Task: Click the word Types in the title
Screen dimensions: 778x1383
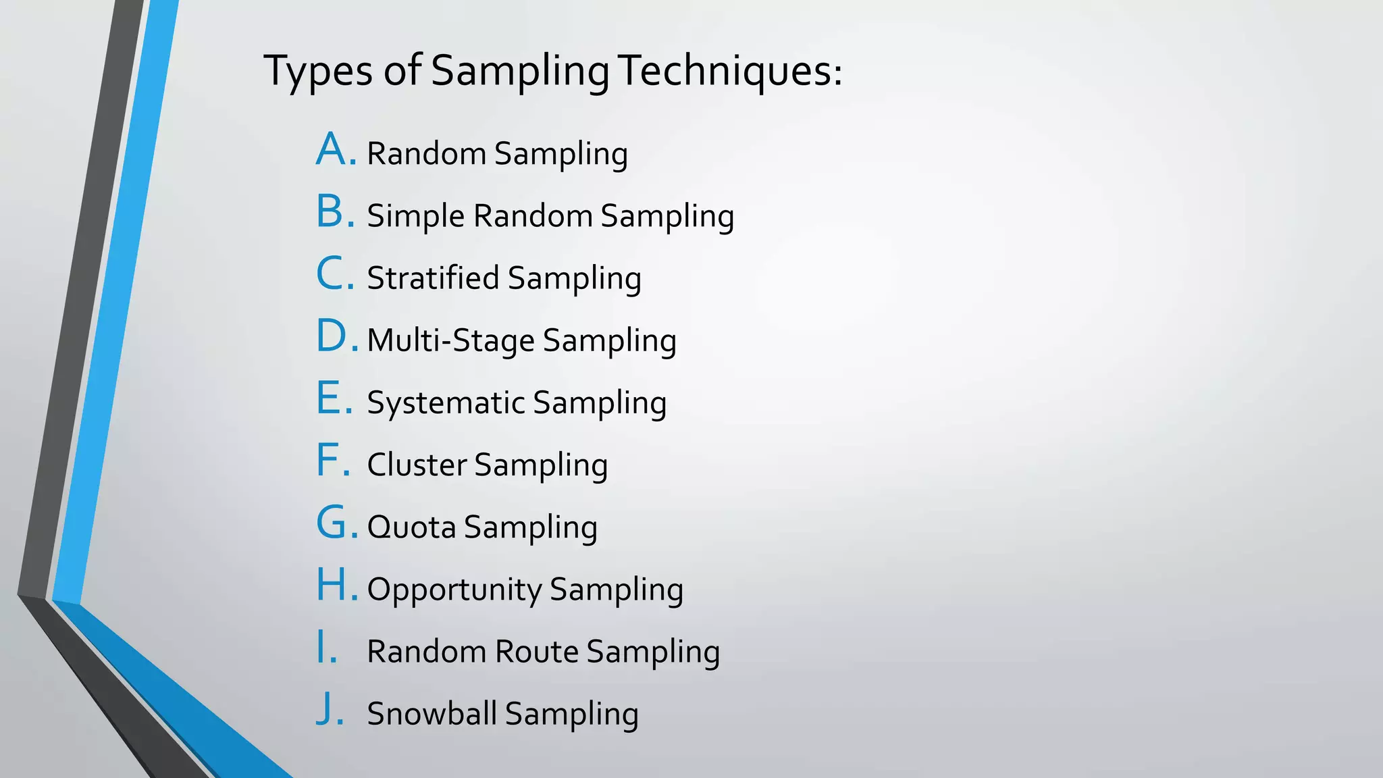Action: [317, 72]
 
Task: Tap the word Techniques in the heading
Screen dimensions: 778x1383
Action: [729, 70]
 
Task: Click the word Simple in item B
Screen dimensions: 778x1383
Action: [416, 217]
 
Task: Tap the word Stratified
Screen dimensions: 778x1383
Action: [433, 278]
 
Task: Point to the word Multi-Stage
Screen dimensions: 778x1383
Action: [450, 340]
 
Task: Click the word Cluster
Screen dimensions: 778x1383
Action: [417, 465]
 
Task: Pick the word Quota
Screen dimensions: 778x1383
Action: [411, 527]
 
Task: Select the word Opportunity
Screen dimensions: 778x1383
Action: [454, 590]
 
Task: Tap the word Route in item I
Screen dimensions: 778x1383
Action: [536, 652]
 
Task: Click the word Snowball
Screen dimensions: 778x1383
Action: [432, 714]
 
